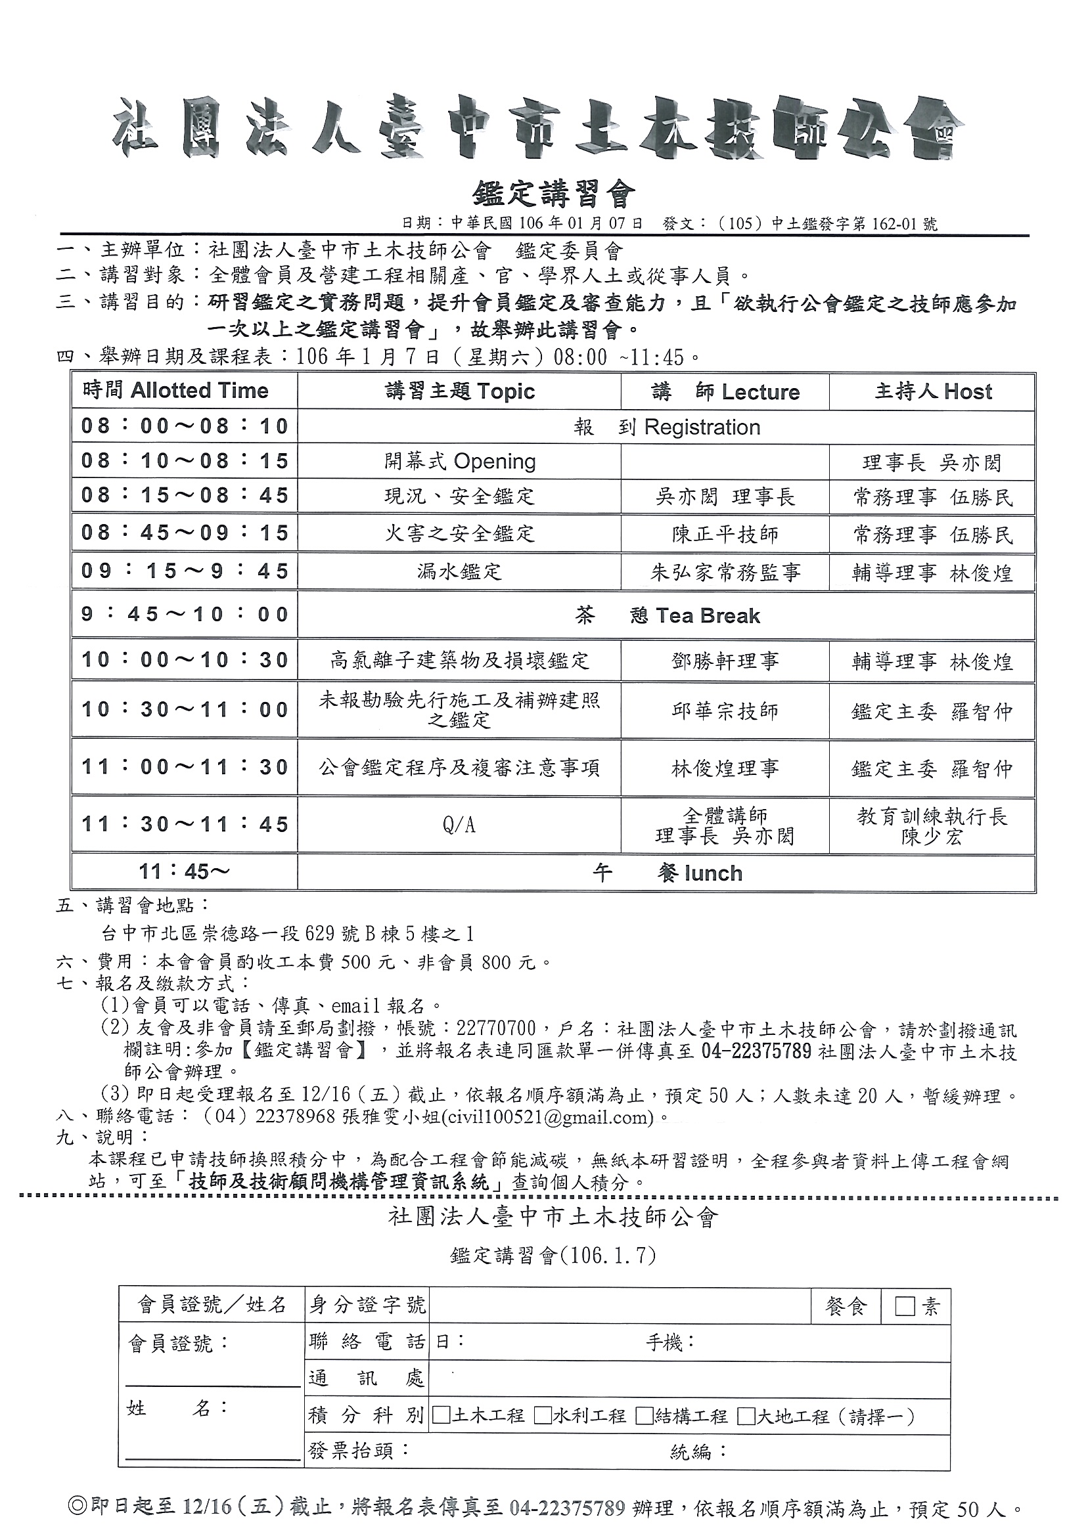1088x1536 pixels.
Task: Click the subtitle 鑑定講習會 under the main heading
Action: point(553,194)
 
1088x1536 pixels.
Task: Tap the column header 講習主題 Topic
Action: point(460,391)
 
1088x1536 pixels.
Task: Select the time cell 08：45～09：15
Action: point(184,533)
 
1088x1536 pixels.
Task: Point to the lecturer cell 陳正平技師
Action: point(725,535)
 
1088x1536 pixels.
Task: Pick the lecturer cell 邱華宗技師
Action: point(725,711)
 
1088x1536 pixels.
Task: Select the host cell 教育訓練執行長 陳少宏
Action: point(932,825)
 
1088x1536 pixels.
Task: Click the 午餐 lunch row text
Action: point(668,873)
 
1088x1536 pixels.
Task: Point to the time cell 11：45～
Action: point(184,872)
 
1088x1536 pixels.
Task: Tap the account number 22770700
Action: point(496,1029)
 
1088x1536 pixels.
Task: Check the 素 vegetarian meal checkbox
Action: point(905,1306)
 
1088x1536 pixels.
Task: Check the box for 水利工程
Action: point(543,1416)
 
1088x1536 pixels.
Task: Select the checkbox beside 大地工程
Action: point(746,1416)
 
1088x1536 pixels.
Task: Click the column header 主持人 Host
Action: point(932,391)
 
